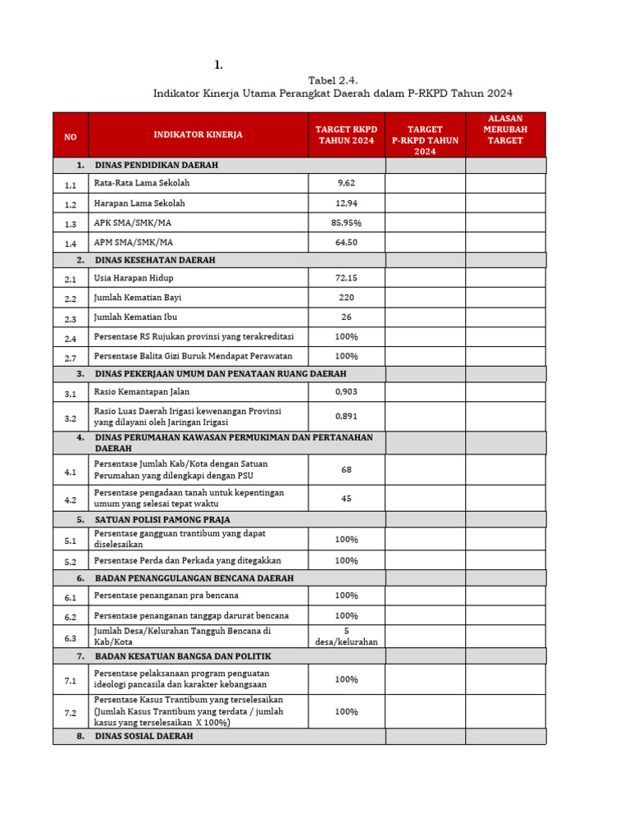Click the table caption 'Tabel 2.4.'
tap(333, 80)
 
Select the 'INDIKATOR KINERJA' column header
tap(198, 135)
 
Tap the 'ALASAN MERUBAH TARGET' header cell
tap(505, 130)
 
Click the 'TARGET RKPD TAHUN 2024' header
tap(346, 135)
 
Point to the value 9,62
tap(346, 184)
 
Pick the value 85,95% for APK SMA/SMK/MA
tap(346, 222)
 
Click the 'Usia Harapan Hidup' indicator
tap(134, 279)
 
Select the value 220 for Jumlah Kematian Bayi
tap(346, 298)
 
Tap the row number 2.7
tap(71, 358)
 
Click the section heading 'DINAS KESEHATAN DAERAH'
tap(155, 260)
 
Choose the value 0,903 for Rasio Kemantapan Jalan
tap(346, 392)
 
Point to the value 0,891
tap(346, 416)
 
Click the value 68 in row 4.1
tap(346, 469)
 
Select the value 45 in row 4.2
tap(346, 498)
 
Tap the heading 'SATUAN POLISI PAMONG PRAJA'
tap(162, 519)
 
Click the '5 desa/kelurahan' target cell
tap(346, 636)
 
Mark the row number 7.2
tap(71, 713)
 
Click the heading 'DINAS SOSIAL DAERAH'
tap(144, 737)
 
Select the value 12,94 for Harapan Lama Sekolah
tap(346, 203)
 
